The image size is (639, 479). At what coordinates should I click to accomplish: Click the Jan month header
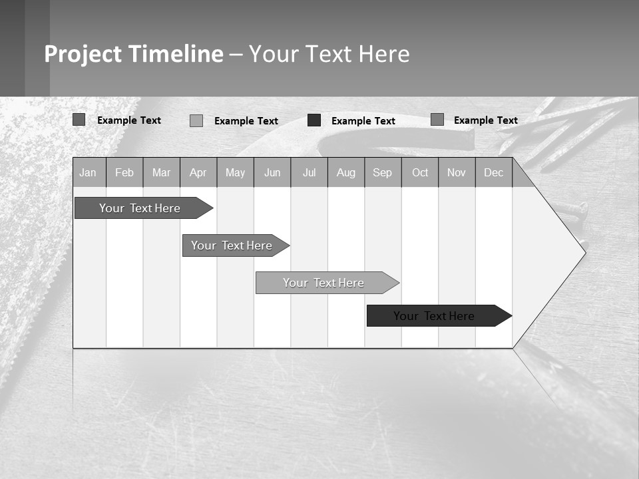(88, 173)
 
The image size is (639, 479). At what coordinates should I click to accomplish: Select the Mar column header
(161, 173)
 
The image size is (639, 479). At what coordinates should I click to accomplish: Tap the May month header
(235, 173)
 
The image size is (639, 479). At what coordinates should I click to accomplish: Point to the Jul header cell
(309, 173)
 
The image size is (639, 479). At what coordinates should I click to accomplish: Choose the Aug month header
(346, 173)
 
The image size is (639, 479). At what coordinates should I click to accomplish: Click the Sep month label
(383, 173)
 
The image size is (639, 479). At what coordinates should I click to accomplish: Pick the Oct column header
(420, 173)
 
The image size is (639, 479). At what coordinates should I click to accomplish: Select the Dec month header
(494, 173)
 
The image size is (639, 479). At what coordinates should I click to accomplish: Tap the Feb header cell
(124, 173)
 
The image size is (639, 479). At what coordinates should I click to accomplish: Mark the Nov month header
(457, 173)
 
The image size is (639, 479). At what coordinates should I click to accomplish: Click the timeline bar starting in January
(140, 208)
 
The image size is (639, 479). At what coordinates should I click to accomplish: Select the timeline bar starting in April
(232, 245)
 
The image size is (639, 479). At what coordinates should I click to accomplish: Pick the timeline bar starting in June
(324, 283)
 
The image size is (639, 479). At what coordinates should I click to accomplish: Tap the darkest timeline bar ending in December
(435, 316)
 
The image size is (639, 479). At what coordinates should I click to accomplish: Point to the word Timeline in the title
(176, 54)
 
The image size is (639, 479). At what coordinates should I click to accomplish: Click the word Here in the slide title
(384, 54)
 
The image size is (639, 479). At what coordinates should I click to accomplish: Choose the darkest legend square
(314, 120)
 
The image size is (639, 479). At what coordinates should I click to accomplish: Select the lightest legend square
(196, 120)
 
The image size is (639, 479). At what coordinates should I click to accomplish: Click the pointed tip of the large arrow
(584, 251)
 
